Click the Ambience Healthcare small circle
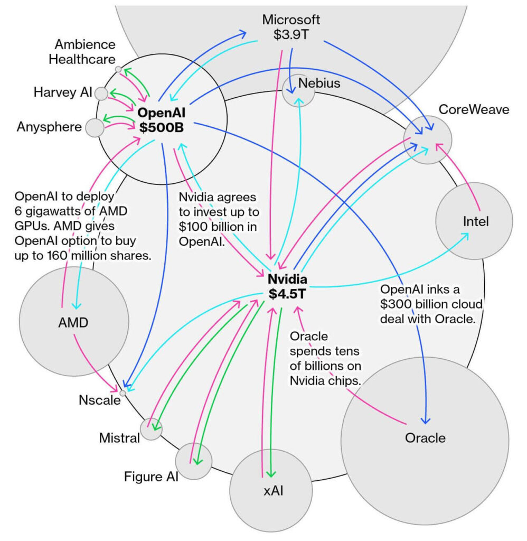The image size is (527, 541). pyautogui.click(x=118, y=69)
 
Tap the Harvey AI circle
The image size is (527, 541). pyautogui.click(x=101, y=94)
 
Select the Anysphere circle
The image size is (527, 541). pyautogui.click(x=95, y=127)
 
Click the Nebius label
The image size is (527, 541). pyautogui.click(x=319, y=83)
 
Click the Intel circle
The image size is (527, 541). pyautogui.click(x=474, y=221)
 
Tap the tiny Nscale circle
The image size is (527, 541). pyautogui.click(x=123, y=393)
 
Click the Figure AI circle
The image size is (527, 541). pyautogui.click(x=193, y=461)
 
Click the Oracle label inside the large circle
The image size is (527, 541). pyautogui.click(x=425, y=437)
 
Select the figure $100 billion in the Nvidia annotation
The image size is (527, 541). pyautogui.click(x=201, y=229)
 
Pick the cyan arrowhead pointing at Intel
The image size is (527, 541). pyautogui.click(x=467, y=236)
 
